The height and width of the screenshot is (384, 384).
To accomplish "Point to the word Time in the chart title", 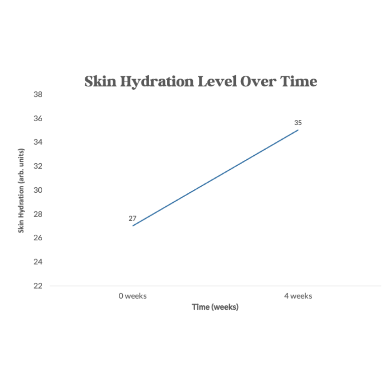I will (298, 81).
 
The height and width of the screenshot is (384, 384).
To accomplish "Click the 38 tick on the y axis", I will (38, 95).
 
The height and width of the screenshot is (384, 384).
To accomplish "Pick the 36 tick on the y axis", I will (38, 118).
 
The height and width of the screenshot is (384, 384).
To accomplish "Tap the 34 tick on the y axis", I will (38, 142).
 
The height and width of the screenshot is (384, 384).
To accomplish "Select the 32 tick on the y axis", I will (38, 166).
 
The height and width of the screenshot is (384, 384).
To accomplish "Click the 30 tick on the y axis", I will (38, 190).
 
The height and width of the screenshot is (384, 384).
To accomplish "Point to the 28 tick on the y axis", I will (38, 214).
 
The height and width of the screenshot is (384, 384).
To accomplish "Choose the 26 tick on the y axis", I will (38, 238).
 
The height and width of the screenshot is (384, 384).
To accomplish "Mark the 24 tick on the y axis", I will (38, 262).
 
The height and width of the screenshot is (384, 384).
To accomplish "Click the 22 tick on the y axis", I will (38, 286).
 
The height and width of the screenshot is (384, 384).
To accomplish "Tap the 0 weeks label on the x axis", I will (133, 296).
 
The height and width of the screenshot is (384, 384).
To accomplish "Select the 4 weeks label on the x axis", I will (298, 296).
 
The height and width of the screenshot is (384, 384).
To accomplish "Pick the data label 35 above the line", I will (298, 123).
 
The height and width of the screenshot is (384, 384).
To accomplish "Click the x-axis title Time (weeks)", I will (215, 307).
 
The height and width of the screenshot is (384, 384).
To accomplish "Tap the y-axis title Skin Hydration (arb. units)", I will (21, 191).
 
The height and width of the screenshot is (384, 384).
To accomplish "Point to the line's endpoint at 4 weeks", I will (298, 130).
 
